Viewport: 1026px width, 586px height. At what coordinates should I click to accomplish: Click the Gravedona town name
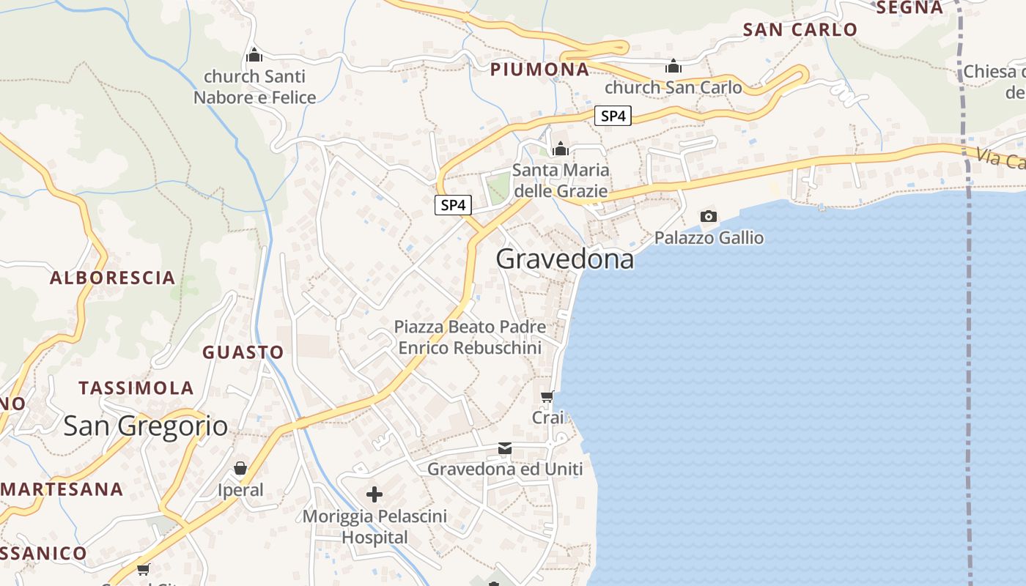pos(565,259)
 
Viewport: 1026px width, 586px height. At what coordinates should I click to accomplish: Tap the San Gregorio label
pos(145,426)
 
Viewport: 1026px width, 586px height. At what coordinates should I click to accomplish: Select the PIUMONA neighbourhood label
pos(539,70)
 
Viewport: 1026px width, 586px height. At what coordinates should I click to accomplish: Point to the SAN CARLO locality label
pos(800,29)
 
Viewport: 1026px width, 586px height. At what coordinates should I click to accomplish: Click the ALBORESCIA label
pos(113,278)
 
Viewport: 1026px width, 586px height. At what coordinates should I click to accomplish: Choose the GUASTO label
pos(243,352)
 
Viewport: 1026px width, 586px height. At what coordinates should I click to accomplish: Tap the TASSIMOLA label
pos(136,388)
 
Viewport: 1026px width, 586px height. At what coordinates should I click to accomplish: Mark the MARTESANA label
pos(62,489)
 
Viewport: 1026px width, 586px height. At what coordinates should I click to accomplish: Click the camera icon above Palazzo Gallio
pos(709,216)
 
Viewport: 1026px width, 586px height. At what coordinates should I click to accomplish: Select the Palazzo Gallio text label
pos(709,238)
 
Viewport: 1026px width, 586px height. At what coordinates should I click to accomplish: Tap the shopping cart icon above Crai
pos(547,397)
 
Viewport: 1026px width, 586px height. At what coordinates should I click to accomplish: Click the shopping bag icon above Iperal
pos(240,468)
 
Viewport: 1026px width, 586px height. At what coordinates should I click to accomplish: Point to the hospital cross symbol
pos(374,494)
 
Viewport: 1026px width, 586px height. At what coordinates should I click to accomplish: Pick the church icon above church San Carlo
pos(673,67)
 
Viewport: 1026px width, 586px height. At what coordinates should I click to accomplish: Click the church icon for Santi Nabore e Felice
pos(254,55)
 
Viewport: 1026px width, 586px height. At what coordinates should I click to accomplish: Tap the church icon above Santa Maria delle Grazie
pos(561,149)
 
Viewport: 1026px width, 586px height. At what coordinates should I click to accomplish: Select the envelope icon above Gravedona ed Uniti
pos(504,448)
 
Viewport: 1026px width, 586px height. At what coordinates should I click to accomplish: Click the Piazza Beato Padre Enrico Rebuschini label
pos(470,337)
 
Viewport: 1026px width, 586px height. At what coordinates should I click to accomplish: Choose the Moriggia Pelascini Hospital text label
pos(374,527)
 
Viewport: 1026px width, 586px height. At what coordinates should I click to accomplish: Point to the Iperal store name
pos(240,489)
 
